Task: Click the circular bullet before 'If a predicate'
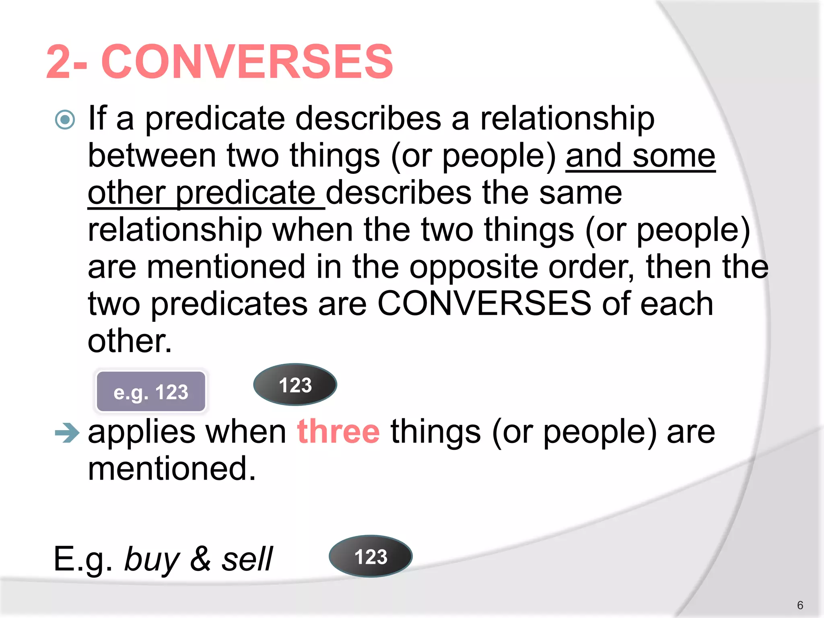[65, 119]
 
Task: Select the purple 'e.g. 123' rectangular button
[151, 391]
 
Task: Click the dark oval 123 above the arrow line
[295, 385]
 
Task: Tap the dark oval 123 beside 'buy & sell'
[371, 556]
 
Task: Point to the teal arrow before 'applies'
[67, 433]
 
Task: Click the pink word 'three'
[338, 432]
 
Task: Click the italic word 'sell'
[247, 559]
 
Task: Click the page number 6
[800, 605]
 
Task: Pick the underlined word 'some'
[674, 156]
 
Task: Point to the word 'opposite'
[473, 267]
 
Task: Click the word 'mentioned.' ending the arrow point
[172, 469]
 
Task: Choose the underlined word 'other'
[127, 193]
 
